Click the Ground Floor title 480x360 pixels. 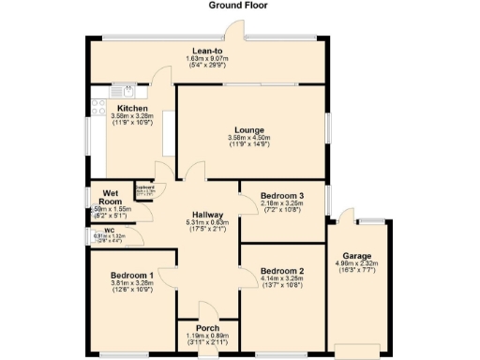click(239, 6)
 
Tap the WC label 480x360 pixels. click(110, 229)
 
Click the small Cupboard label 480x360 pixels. click(144, 187)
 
